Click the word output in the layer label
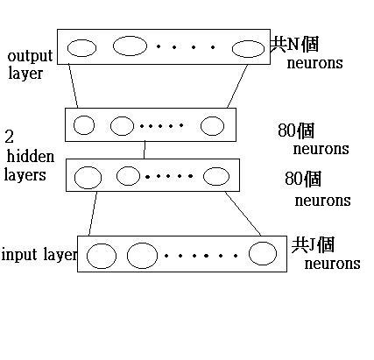[30, 56]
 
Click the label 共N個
[294, 45]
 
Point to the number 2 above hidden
[9, 137]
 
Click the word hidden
[31, 157]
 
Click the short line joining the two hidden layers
[145, 150]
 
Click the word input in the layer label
[20, 255]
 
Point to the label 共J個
[313, 244]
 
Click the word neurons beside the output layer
[314, 63]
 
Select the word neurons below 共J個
[332, 264]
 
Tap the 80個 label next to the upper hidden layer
[296, 131]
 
